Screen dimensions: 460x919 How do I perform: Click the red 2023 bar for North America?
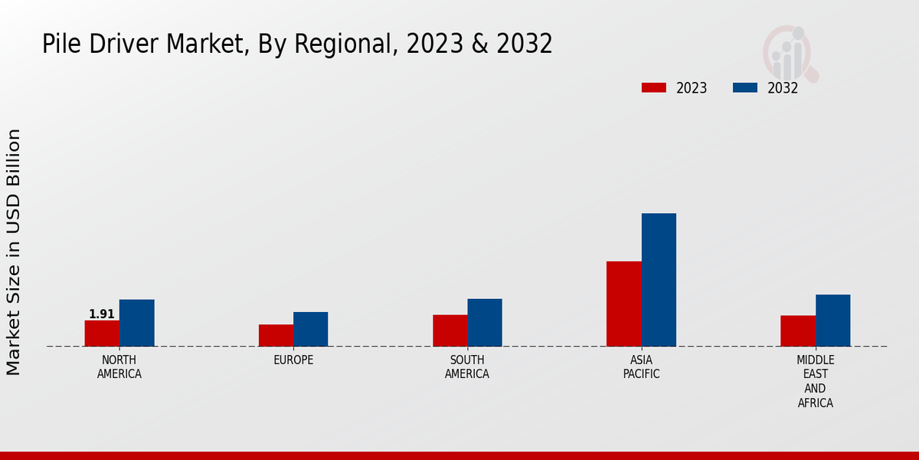pyautogui.click(x=102, y=333)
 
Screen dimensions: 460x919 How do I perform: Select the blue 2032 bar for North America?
pyautogui.click(x=136, y=323)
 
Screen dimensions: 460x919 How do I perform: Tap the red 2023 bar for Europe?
pyautogui.click(x=276, y=335)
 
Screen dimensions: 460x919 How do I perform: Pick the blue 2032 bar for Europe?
pyautogui.click(x=310, y=329)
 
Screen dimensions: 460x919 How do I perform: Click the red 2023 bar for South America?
pyautogui.click(x=450, y=330)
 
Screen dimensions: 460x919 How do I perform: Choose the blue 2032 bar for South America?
pyautogui.click(x=485, y=323)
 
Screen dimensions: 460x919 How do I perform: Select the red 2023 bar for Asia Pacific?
pyautogui.click(x=623, y=304)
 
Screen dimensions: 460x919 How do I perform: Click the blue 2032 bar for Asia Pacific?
pyautogui.click(x=659, y=280)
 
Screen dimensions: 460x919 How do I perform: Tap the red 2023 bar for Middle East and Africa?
pyautogui.click(x=798, y=330)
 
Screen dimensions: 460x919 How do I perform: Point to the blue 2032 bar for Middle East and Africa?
pyautogui.click(x=832, y=320)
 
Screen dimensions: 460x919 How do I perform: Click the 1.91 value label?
pyautogui.click(x=102, y=314)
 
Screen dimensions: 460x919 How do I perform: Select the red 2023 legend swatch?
pyautogui.click(x=653, y=88)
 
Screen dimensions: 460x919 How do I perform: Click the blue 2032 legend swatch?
pyautogui.click(x=744, y=88)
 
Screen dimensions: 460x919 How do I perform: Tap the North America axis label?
pyautogui.click(x=119, y=367)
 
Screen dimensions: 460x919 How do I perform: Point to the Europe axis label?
pyautogui.click(x=293, y=360)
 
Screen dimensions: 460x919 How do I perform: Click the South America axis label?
pyautogui.click(x=467, y=367)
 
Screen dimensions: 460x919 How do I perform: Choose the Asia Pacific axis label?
pyautogui.click(x=642, y=367)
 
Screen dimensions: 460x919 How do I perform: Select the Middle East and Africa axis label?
pyautogui.click(x=816, y=382)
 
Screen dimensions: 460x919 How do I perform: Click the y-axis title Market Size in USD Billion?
pyautogui.click(x=14, y=252)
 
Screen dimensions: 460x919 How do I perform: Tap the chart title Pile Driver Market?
pyautogui.click(x=297, y=44)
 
